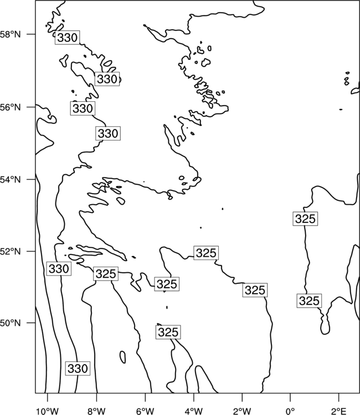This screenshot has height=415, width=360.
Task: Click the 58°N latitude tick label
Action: pos(10,34)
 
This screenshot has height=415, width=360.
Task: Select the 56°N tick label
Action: pos(10,107)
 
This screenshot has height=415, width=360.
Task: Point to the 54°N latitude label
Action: pos(10,179)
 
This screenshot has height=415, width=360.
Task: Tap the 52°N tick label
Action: pos(10,251)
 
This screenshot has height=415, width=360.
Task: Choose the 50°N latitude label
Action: pos(10,323)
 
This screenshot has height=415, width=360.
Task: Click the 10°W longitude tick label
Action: pos(48,411)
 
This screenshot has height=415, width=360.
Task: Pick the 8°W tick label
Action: pos(96,411)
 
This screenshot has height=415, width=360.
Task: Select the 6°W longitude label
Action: pos(145,411)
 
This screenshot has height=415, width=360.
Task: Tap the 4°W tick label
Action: pos(194,411)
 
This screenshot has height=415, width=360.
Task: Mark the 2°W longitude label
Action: pos(242,411)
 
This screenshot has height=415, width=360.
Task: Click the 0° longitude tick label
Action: pos(290,411)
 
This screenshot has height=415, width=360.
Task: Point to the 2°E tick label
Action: pos(339,411)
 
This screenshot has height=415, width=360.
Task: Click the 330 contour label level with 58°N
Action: pos(67,37)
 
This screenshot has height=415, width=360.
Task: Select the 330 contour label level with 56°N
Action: pos(83,108)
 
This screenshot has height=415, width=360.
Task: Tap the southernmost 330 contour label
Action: pos(78,368)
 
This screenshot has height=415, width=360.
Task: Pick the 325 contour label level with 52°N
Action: pos(206,253)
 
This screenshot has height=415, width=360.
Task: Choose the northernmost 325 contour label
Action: pos(305,219)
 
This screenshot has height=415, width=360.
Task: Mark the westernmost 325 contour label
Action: pos(106,274)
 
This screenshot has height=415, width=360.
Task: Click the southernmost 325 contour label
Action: pos(168,332)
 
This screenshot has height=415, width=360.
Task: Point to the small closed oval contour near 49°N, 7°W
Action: pos(122,357)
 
